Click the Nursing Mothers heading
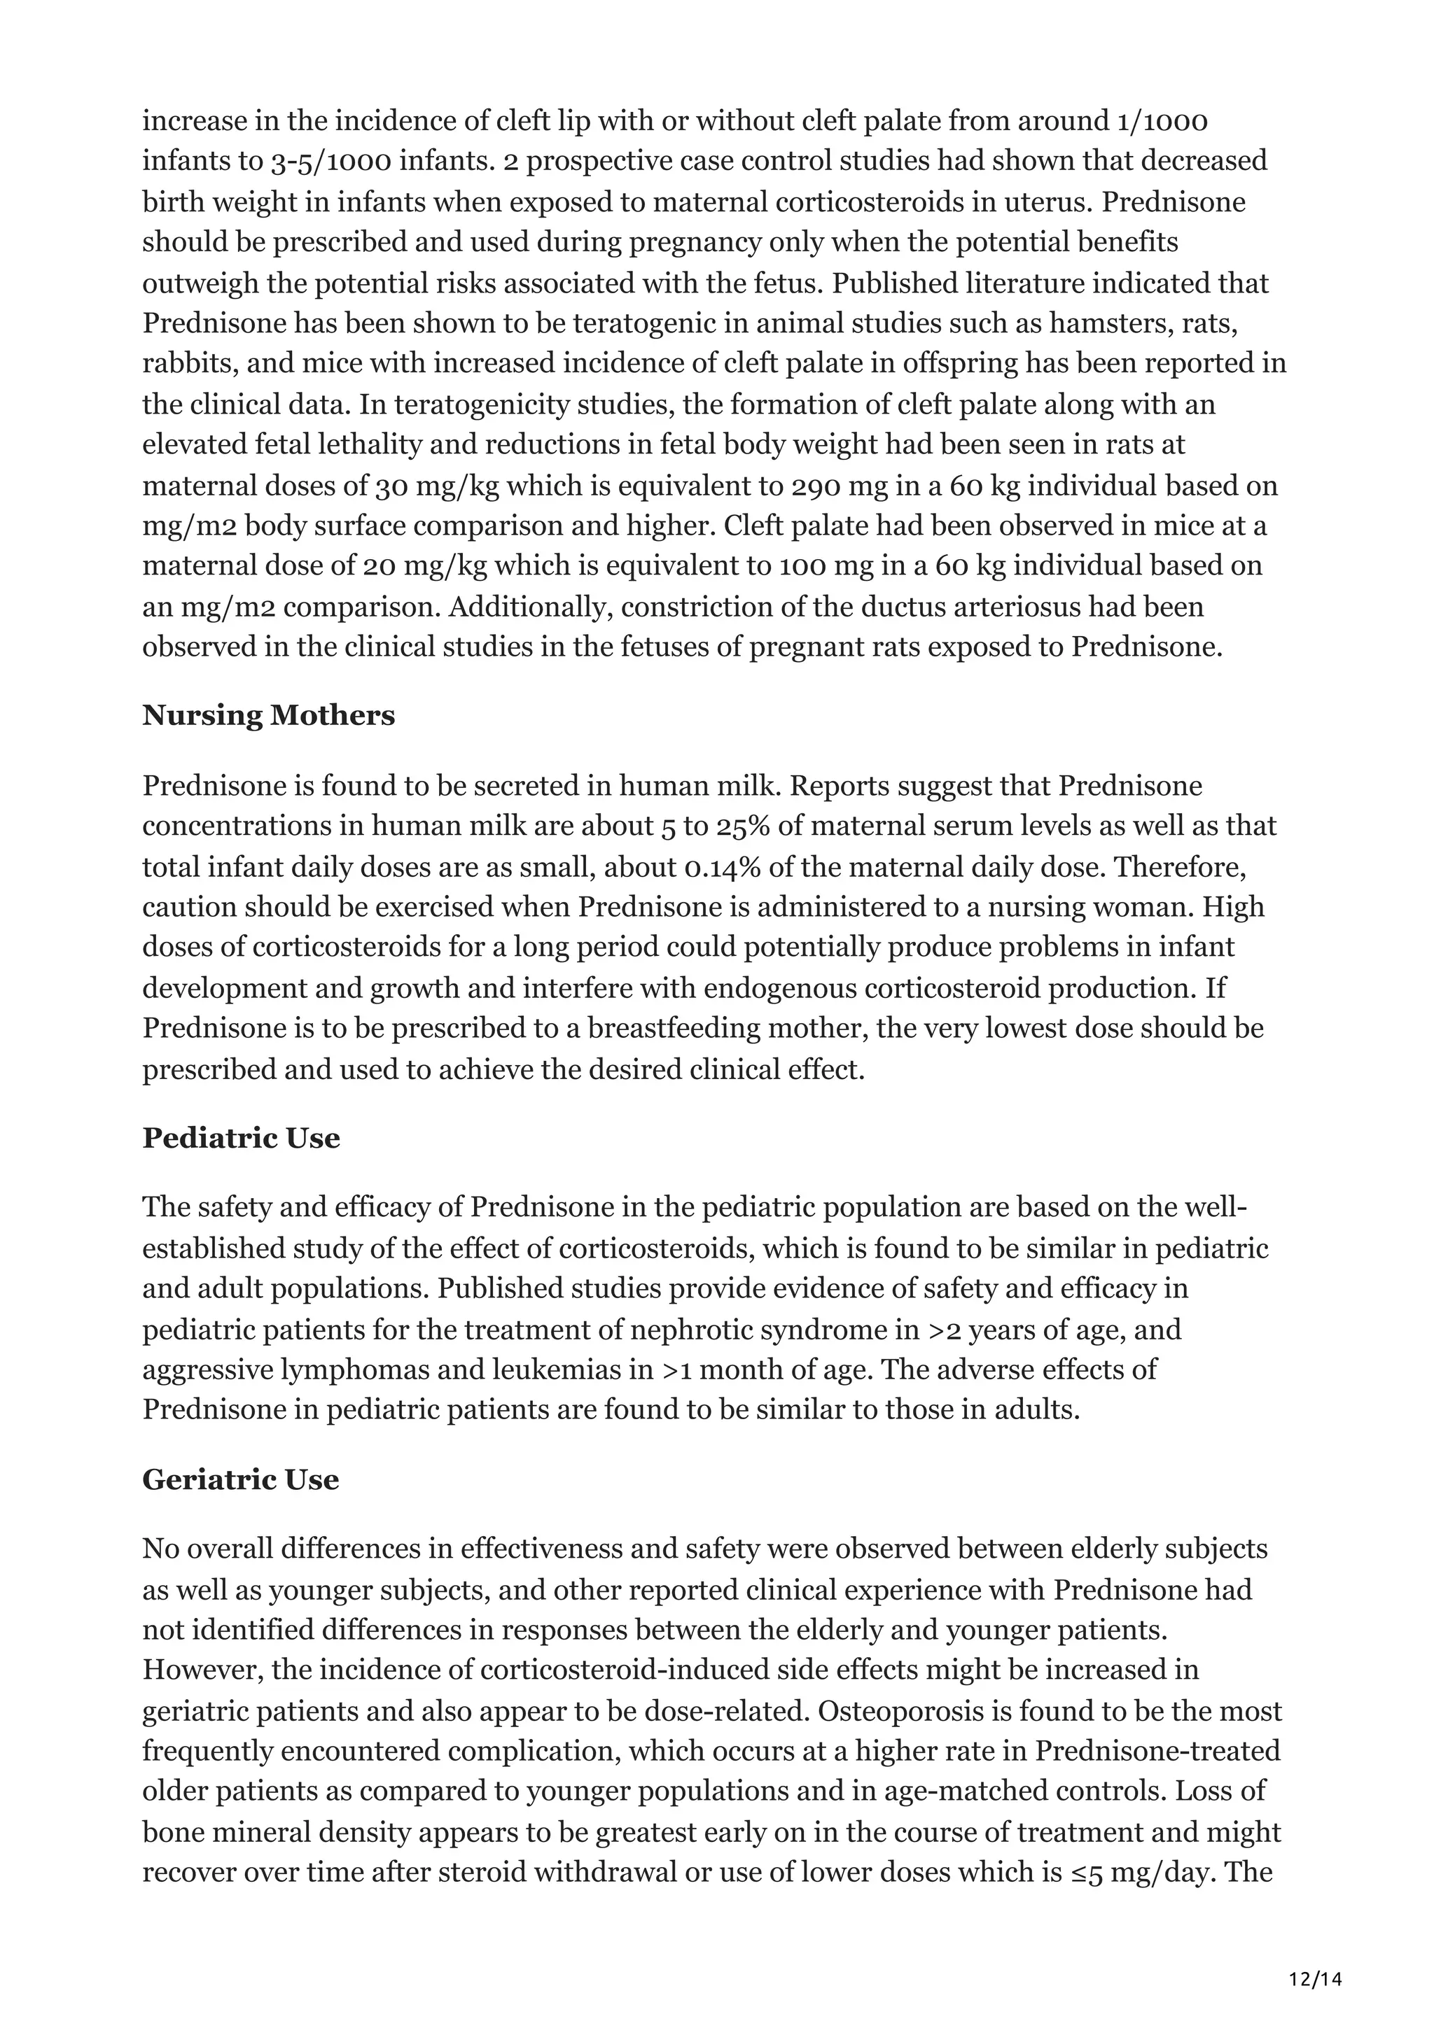269,714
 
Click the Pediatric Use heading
241,1138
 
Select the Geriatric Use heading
240,1479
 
